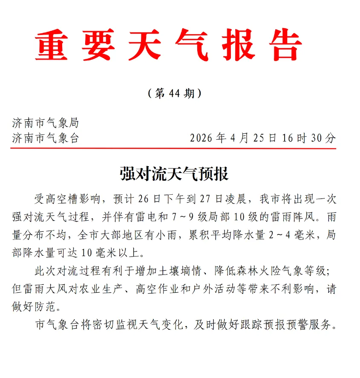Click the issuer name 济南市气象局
(x=46, y=123)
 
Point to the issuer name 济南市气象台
(x=46, y=138)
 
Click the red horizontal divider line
(x=174, y=148)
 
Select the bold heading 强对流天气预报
(x=174, y=173)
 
